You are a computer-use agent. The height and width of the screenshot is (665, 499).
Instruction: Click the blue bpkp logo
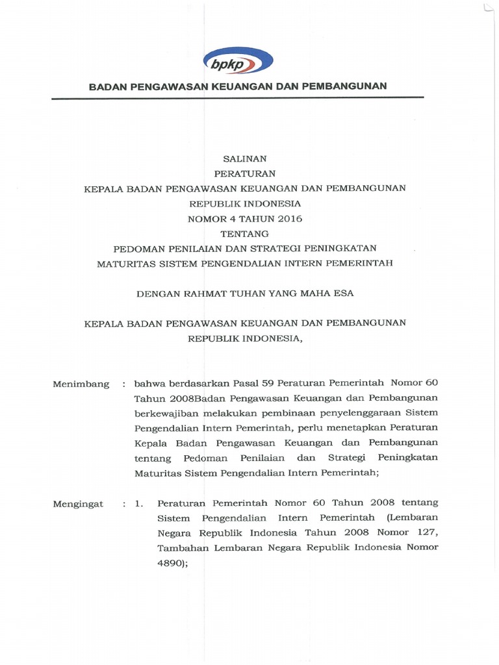(x=237, y=62)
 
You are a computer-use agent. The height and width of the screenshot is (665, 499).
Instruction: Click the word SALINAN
(x=245, y=158)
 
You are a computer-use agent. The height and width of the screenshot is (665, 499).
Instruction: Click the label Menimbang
(x=81, y=384)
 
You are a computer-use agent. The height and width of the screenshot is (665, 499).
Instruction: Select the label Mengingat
(x=79, y=504)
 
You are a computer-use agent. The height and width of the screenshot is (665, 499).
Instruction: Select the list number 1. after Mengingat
(x=139, y=504)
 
